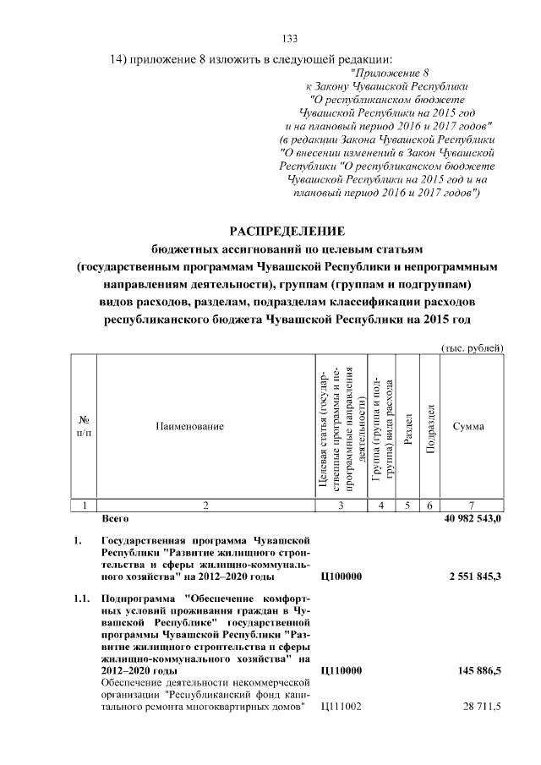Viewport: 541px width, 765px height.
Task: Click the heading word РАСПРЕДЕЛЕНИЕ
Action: (288, 231)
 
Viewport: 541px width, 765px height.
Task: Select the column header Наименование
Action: (189, 427)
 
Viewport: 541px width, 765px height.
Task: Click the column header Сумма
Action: (468, 427)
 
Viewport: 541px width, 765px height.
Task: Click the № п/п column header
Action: (85, 426)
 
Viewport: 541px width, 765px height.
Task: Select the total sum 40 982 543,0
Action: (473, 518)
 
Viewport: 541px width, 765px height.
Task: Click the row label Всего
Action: (114, 518)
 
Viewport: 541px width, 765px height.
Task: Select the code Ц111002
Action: (341, 706)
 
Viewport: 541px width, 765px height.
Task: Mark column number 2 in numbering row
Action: (205, 505)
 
